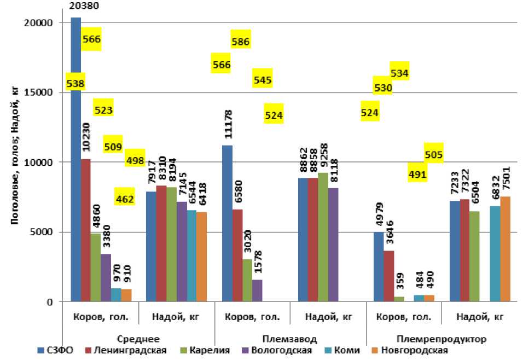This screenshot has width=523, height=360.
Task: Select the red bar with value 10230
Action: coord(86,230)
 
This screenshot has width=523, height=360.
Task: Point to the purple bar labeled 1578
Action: coord(258,291)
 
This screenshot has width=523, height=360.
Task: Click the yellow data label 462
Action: coord(125,199)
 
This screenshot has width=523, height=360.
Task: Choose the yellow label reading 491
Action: coord(417,175)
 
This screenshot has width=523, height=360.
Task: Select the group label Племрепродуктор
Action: coord(440,339)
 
